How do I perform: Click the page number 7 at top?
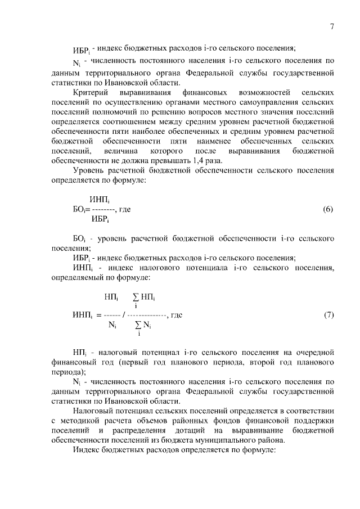coord(332,27)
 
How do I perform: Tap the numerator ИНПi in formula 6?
coord(100,199)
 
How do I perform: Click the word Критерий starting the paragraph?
coord(92,91)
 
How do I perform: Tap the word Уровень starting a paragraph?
coord(91,170)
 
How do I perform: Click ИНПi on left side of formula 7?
coord(82,315)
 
